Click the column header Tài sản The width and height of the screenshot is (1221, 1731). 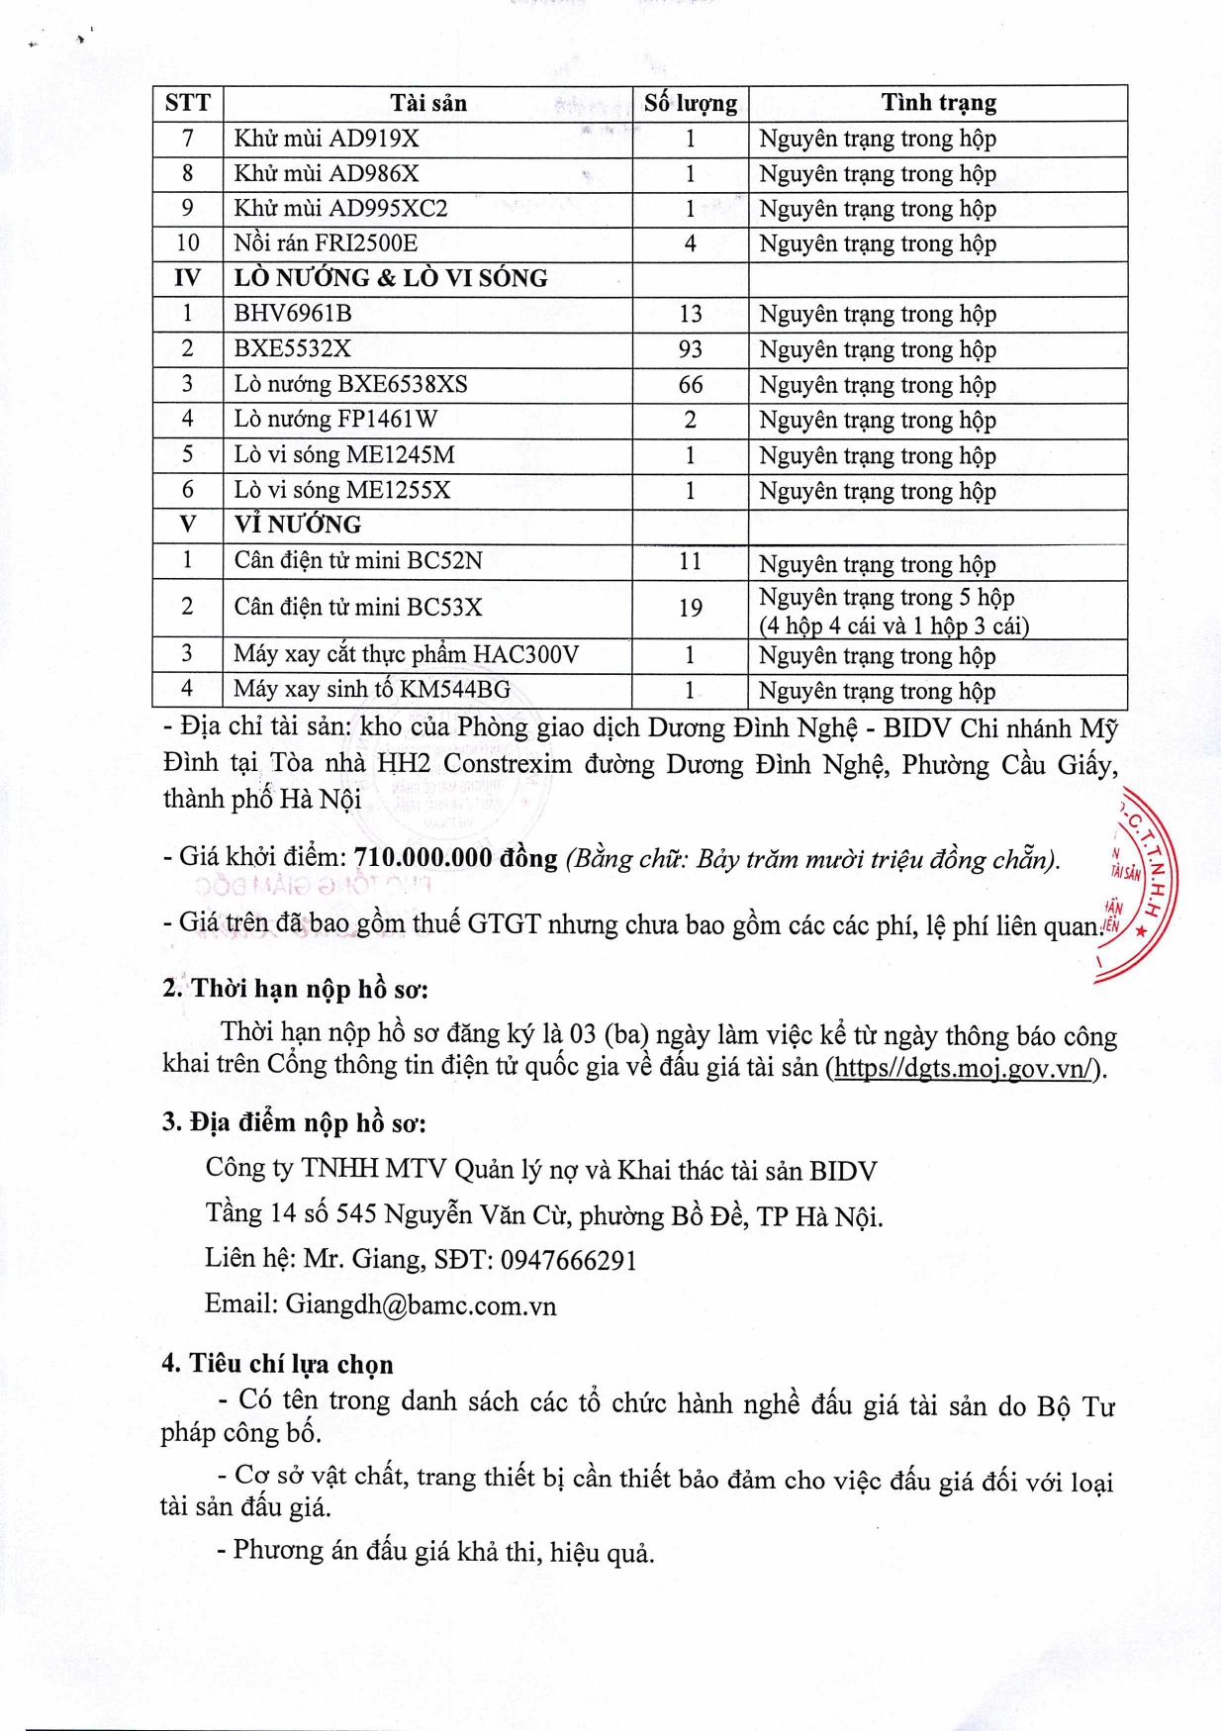point(427,103)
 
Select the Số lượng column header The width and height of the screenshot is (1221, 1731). point(690,103)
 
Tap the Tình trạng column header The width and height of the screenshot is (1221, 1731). point(938,103)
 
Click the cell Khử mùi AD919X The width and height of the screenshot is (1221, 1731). point(327,139)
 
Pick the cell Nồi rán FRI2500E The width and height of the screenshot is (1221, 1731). point(326,243)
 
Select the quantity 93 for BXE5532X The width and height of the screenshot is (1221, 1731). point(690,349)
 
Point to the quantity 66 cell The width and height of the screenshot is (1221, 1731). point(690,385)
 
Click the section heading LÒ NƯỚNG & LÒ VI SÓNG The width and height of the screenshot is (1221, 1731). point(391,278)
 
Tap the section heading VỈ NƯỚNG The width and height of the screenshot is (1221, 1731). point(298,525)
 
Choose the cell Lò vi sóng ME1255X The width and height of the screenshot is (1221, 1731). point(342,491)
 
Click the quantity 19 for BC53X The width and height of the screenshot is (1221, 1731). point(690,608)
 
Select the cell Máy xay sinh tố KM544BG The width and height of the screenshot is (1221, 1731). point(372,690)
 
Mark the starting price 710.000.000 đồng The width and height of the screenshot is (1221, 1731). point(455,857)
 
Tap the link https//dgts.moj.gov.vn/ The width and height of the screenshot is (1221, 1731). point(965,1069)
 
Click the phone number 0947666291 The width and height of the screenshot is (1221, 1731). point(568,1260)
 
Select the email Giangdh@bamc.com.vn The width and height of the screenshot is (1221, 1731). point(421,1305)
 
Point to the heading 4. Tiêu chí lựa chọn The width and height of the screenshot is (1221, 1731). point(278,1364)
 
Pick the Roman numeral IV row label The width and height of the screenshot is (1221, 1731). point(187,278)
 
